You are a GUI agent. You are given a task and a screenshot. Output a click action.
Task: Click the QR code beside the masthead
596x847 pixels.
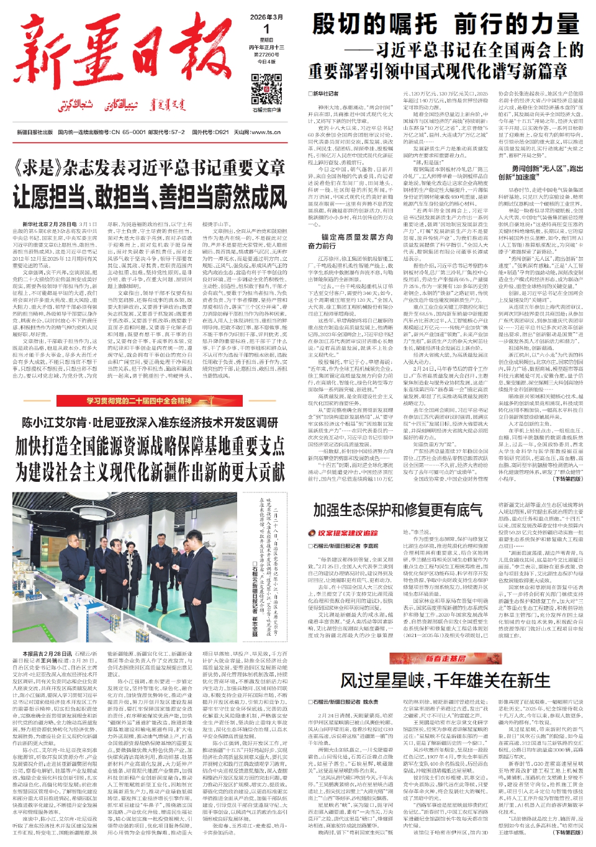(x=266, y=89)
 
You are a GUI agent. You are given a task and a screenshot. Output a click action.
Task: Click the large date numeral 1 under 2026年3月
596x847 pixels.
(x=266, y=29)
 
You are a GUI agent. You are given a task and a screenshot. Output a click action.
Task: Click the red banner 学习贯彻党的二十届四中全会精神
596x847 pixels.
(x=139, y=401)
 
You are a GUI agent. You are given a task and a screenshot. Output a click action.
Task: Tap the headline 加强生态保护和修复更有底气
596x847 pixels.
(x=397, y=510)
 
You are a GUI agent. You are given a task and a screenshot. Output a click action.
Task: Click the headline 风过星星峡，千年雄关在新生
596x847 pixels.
(x=445, y=681)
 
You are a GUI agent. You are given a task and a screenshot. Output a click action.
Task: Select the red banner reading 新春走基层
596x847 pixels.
(x=445, y=658)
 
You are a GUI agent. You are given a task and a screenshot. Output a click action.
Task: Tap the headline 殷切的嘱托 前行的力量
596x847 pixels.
(x=445, y=25)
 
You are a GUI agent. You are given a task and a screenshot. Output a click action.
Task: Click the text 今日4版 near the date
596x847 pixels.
(x=266, y=61)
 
